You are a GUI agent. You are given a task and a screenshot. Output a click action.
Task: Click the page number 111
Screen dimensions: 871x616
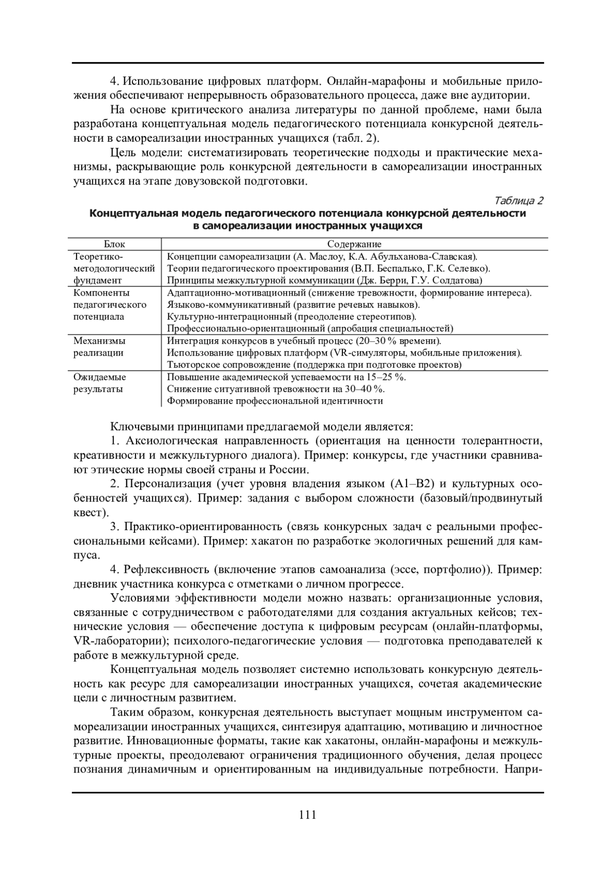[307, 815]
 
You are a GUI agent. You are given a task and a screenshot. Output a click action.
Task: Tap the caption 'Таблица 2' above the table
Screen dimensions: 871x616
[518, 201]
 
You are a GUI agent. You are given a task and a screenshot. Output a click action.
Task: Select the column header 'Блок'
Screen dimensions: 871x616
[114, 244]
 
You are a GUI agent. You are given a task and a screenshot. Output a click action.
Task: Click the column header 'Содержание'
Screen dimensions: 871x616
[354, 244]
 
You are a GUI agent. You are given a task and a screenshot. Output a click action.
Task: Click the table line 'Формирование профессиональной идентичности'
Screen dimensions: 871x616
[275, 401]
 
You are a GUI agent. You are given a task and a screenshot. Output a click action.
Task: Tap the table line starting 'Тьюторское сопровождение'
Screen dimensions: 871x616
[314, 365]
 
